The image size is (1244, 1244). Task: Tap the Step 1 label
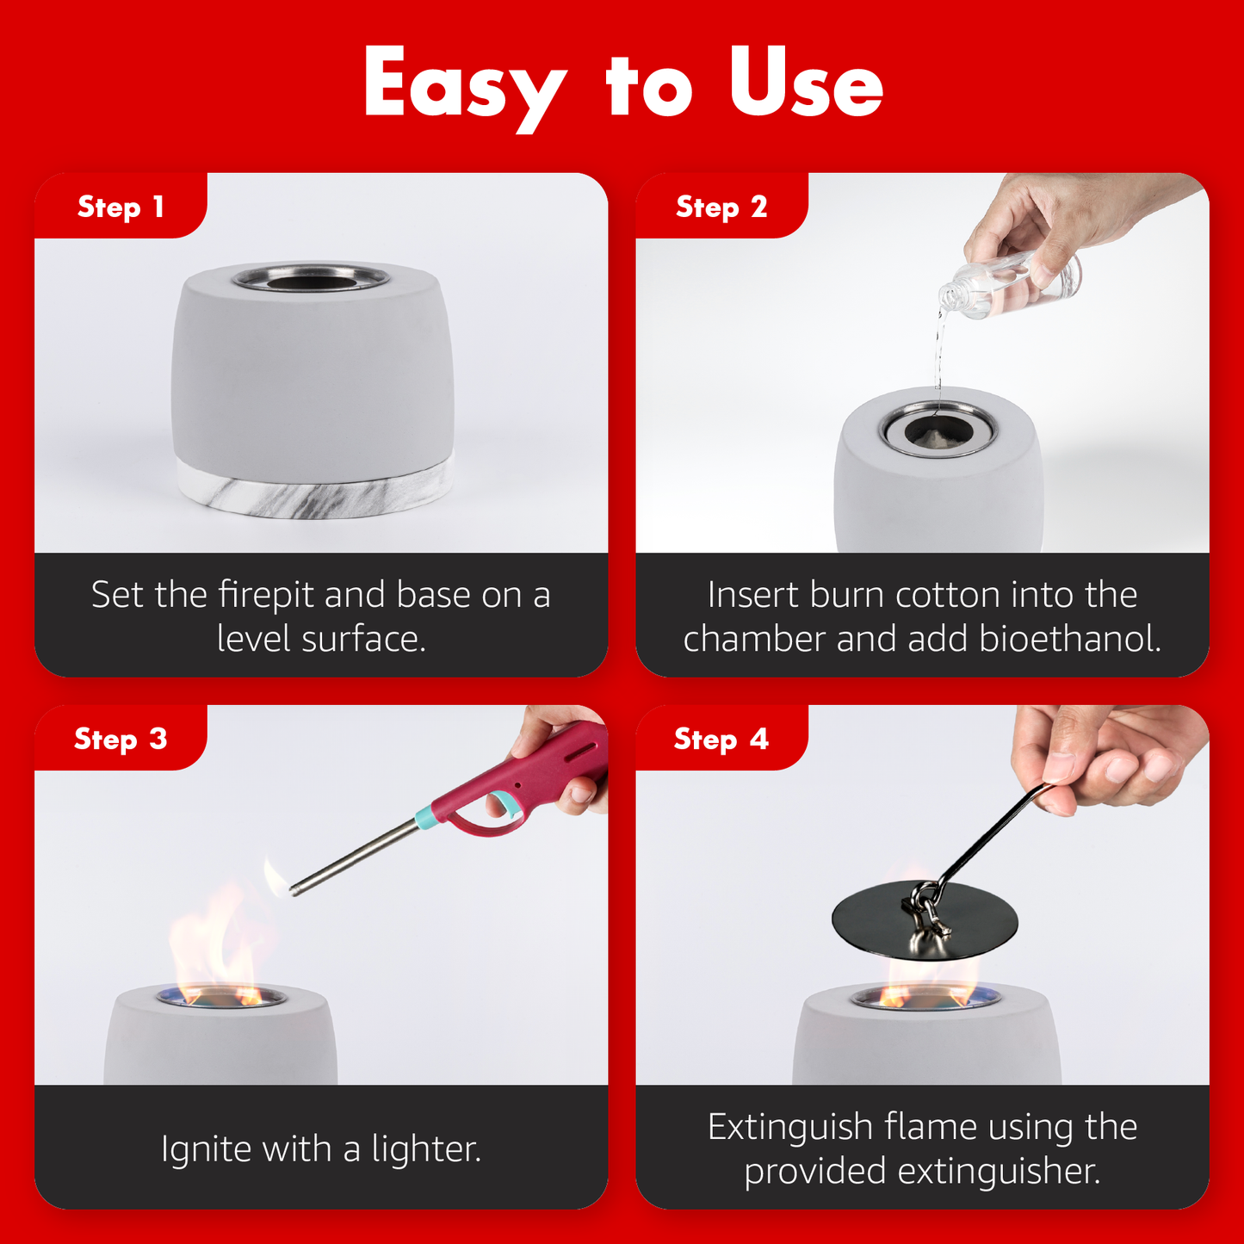(121, 207)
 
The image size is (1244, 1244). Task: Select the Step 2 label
(721, 207)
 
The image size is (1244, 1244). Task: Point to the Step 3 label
(121, 738)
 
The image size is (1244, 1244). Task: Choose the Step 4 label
(721, 738)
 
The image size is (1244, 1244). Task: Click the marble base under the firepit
(316, 492)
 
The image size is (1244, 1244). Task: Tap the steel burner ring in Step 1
(312, 278)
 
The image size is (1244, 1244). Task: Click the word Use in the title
(806, 84)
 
